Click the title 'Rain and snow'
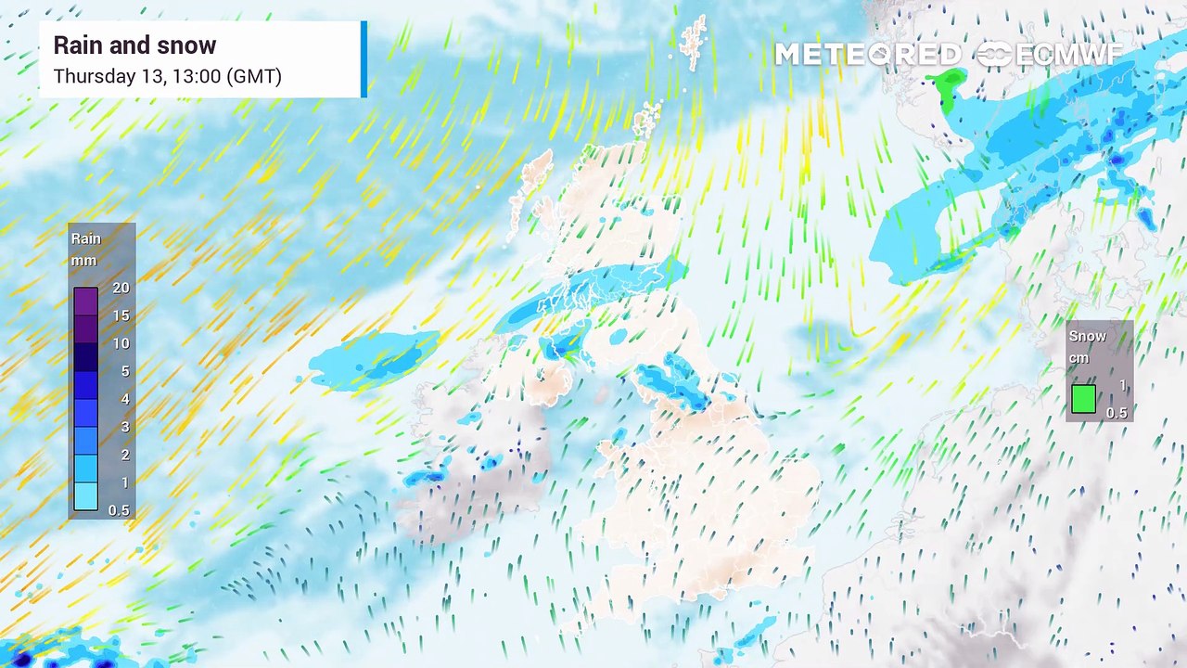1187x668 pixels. click(x=134, y=45)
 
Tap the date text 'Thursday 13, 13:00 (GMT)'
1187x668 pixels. click(x=167, y=76)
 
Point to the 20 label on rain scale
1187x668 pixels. click(x=121, y=289)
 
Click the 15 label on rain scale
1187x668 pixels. click(x=121, y=316)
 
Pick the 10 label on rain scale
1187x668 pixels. click(x=121, y=344)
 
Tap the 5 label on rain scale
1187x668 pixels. click(x=124, y=372)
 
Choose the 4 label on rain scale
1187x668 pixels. click(x=124, y=400)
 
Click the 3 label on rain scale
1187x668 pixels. click(x=124, y=428)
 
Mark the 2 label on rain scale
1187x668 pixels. click(x=124, y=456)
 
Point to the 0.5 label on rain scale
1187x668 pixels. click(x=119, y=510)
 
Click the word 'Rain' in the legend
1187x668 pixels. click(x=86, y=239)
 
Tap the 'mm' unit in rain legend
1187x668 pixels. click(x=84, y=261)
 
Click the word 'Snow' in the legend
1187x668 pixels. click(x=1088, y=337)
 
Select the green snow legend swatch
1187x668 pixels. click(x=1083, y=399)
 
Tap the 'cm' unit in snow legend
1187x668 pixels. click(x=1079, y=358)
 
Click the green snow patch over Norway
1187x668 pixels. click(x=947, y=89)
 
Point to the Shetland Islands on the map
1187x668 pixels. click(x=692, y=42)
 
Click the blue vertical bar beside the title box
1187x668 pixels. click(x=364, y=59)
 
